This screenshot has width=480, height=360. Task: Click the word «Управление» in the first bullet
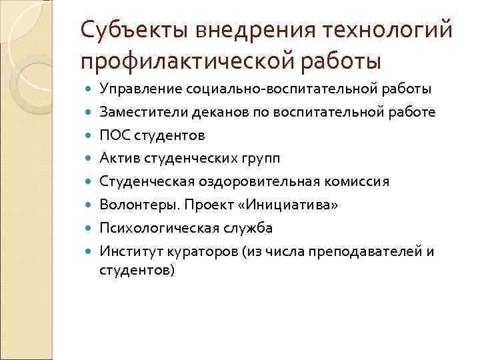pos(135,89)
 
